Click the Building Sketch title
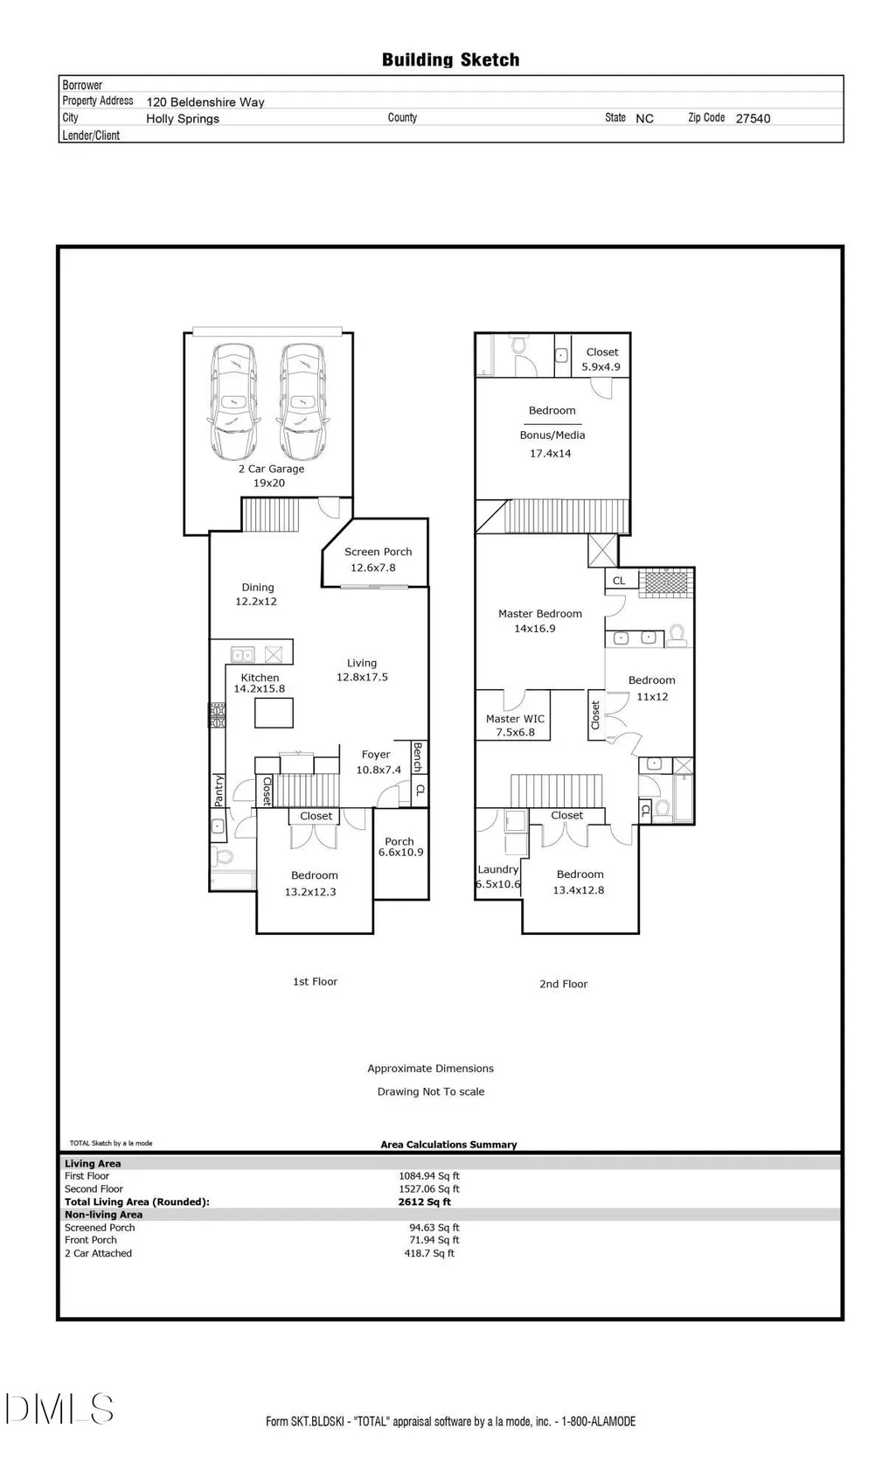tap(450, 60)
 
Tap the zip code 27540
tap(753, 119)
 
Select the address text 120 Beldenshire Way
tap(205, 102)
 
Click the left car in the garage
tap(233, 401)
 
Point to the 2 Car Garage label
tap(271, 469)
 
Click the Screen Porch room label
tap(378, 552)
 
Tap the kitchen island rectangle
tap(274, 713)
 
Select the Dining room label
tap(257, 588)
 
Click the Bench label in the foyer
tap(418, 756)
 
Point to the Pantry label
tap(219, 791)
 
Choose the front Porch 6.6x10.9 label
tap(400, 846)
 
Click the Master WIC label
tap(515, 720)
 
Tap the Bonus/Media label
tap(552, 435)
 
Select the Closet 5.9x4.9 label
tap(601, 359)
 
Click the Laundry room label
tap(497, 870)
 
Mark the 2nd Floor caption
tap(563, 984)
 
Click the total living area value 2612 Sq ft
tap(425, 1202)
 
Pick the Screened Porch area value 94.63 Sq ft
tap(434, 1228)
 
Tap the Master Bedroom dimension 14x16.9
tap(535, 629)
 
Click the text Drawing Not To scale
tap(431, 1091)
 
